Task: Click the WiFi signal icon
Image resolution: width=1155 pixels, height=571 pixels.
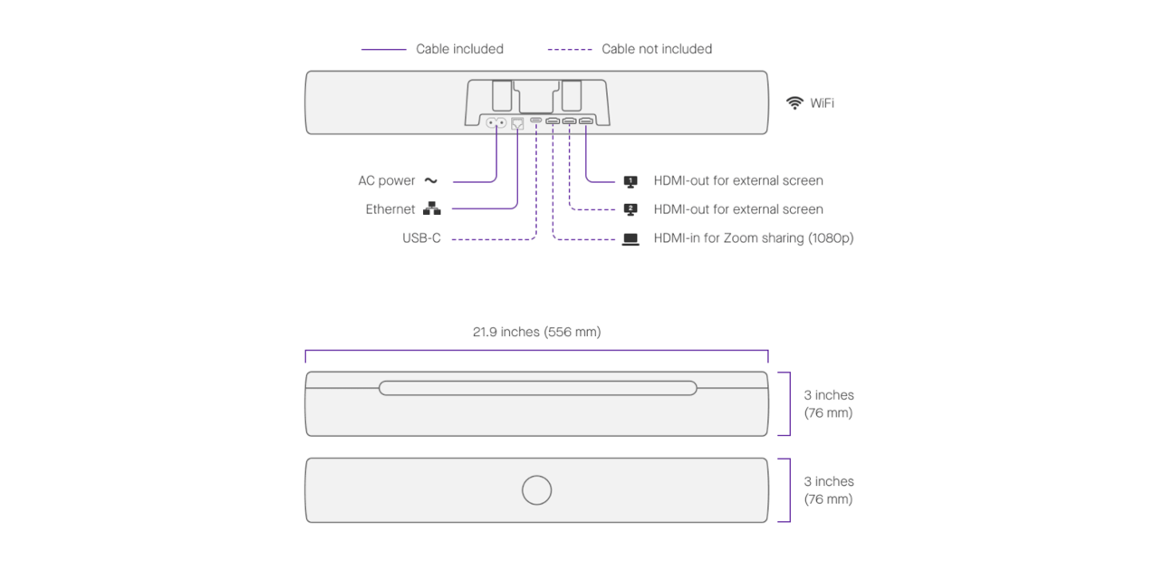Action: (794, 103)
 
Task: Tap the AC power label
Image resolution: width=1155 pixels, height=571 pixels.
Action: (386, 181)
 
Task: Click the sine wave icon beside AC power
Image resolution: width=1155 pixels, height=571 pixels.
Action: (431, 181)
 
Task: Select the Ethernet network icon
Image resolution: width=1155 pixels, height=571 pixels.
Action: (432, 209)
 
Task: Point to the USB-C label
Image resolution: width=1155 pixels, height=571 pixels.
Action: (421, 238)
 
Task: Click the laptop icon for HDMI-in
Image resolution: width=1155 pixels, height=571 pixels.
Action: (630, 239)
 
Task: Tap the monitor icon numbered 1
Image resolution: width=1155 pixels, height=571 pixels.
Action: (630, 181)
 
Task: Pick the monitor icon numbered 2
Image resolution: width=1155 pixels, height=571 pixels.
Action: (630, 209)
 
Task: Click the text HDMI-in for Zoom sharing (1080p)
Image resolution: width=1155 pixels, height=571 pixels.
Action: (753, 238)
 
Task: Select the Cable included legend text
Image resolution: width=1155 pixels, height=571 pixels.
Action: (459, 49)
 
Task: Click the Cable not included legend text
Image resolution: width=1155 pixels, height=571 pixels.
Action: (657, 49)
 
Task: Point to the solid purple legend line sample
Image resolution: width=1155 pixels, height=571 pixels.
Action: (383, 49)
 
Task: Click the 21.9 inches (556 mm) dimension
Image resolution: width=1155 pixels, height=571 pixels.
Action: (536, 332)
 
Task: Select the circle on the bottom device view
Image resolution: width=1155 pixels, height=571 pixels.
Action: (537, 490)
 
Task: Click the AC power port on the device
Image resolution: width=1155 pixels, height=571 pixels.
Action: (496, 123)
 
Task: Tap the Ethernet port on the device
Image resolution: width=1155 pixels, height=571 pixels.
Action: (517, 123)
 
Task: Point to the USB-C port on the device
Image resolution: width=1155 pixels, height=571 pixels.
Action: (536, 121)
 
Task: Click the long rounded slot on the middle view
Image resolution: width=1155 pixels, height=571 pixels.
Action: (537, 388)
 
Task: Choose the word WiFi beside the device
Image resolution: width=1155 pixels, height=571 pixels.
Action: (822, 103)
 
